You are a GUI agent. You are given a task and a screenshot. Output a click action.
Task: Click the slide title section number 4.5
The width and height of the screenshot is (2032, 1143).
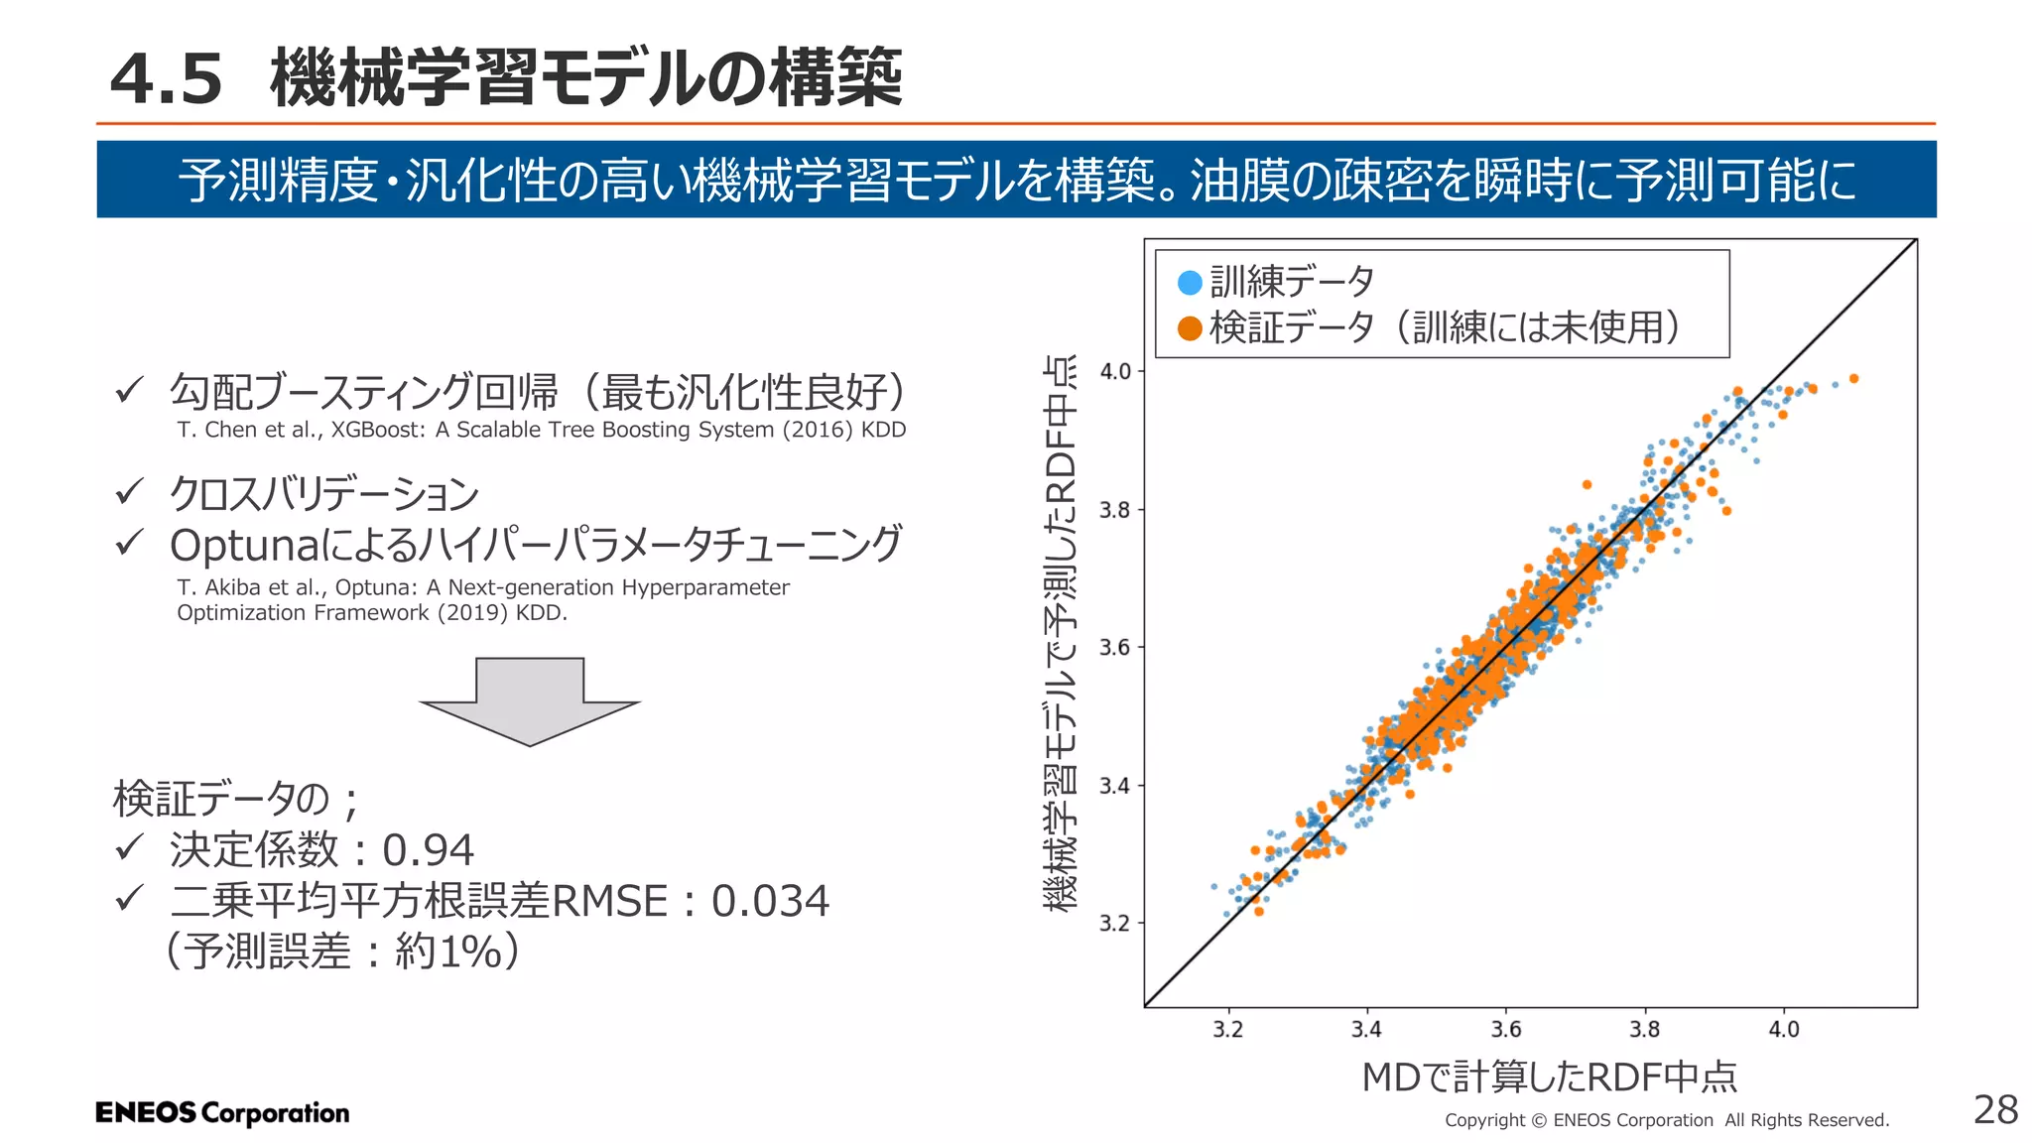[x=167, y=79]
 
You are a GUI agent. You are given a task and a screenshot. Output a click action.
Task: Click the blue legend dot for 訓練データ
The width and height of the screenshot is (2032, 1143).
[x=1190, y=283]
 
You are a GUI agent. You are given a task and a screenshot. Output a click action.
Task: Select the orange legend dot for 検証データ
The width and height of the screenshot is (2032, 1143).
[x=1190, y=328]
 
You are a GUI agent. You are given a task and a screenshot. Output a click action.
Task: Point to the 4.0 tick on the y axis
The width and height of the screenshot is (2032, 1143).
[x=1115, y=372]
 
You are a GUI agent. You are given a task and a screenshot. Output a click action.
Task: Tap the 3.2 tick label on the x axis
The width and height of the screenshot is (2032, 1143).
[x=1227, y=1030]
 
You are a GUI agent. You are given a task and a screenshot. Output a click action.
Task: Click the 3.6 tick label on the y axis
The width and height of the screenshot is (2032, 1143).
[x=1115, y=648]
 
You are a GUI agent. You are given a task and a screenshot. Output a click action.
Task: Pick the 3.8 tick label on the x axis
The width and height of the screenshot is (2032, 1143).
[x=1644, y=1030]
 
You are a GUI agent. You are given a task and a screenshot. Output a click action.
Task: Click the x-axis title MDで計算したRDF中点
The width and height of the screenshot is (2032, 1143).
[x=1549, y=1077]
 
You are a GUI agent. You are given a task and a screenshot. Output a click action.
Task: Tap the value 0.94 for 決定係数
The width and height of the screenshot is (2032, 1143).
[x=429, y=850]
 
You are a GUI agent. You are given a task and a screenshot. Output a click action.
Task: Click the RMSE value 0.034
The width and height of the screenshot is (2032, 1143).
[x=770, y=901]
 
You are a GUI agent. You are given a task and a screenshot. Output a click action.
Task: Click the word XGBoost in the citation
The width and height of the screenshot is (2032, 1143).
[x=377, y=430]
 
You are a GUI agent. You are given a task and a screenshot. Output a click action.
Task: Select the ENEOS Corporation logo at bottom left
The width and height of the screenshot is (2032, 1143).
[x=222, y=1112]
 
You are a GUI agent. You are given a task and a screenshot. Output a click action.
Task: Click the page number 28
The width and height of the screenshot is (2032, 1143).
[x=1994, y=1109]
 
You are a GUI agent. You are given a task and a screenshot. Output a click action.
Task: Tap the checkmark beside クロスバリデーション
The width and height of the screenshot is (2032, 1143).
[x=130, y=491]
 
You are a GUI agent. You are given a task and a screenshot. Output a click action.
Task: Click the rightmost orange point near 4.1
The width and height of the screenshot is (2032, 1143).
[x=1853, y=379]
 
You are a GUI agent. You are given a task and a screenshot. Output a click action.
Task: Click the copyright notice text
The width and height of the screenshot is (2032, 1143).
[x=1666, y=1120]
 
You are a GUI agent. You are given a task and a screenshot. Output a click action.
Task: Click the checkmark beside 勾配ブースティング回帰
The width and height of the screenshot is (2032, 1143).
[x=130, y=390]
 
